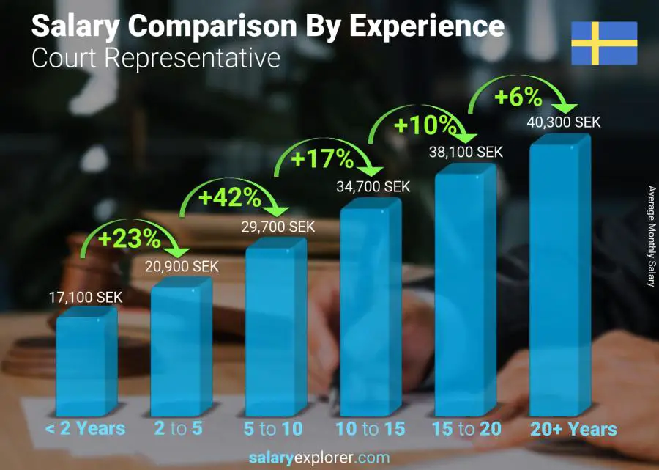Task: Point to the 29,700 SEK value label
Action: click(278, 227)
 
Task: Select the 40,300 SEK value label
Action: click(564, 122)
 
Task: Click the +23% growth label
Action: click(130, 238)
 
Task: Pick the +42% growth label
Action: click(230, 197)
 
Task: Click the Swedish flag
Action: click(604, 43)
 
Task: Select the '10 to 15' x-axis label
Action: click(371, 429)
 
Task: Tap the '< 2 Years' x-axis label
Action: click(86, 429)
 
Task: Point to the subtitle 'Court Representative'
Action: click(156, 58)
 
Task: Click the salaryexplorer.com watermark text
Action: click(329, 458)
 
